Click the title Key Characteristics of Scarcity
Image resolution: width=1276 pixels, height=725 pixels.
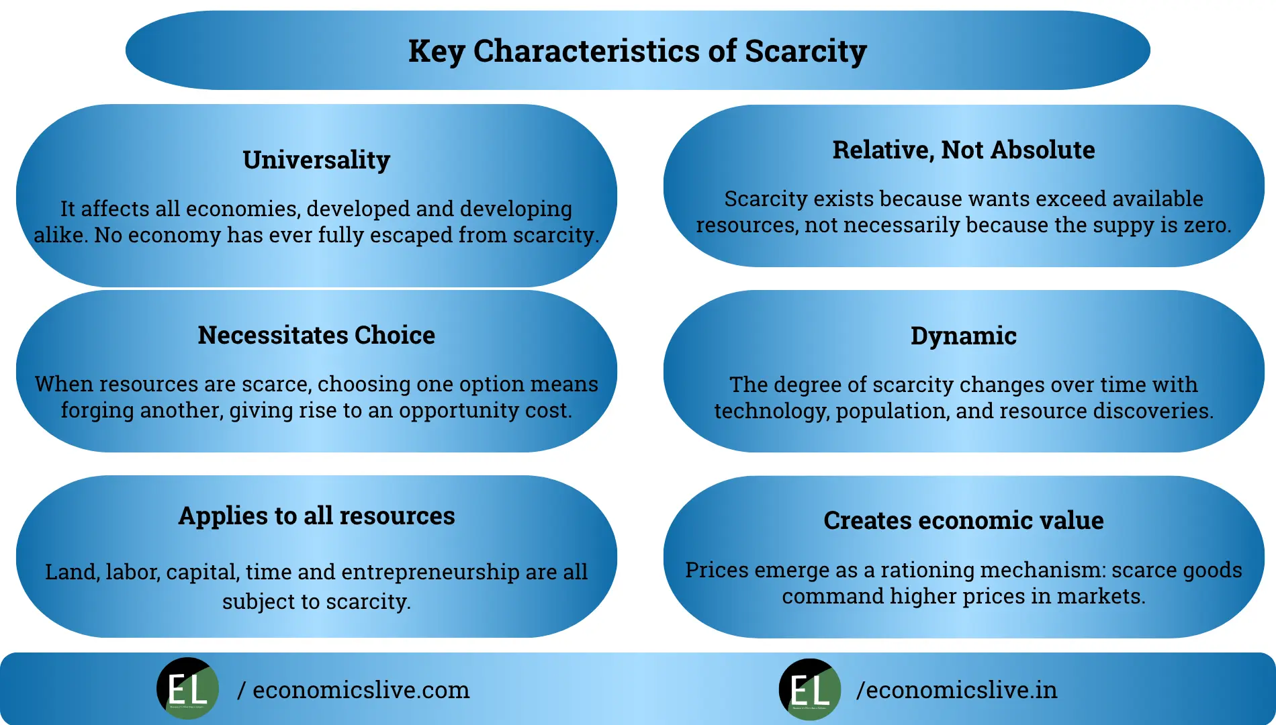[637, 51]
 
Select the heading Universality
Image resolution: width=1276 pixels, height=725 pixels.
[316, 160]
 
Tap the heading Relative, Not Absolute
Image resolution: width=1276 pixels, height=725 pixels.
[963, 150]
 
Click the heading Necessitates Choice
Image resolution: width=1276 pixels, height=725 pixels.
[316, 335]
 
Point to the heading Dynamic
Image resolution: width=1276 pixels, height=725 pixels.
[963, 336]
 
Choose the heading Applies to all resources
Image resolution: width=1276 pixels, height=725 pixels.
[316, 516]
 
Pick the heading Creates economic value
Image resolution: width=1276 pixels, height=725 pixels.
[963, 520]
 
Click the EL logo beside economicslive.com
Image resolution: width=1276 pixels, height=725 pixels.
[187, 689]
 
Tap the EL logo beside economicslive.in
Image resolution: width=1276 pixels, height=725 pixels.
[810, 689]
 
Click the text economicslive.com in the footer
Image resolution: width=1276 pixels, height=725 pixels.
[361, 690]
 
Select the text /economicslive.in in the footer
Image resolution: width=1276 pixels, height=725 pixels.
[956, 690]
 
